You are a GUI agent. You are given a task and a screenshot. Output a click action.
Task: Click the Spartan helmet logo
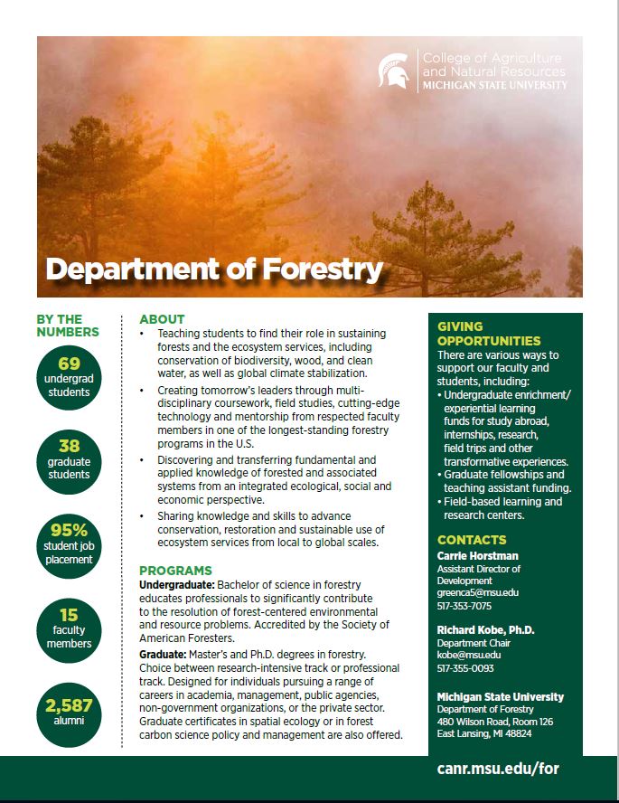pyautogui.click(x=393, y=71)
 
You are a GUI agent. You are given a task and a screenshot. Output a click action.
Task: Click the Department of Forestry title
pyautogui.click(x=214, y=269)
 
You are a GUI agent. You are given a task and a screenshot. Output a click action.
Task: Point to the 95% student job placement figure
pyautogui.click(x=70, y=530)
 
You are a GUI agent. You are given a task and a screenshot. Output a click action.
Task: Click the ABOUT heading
pyautogui.click(x=162, y=319)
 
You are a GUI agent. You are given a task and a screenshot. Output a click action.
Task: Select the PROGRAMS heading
pyautogui.click(x=175, y=571)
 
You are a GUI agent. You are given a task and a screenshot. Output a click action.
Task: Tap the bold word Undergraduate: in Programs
pyautogui.click(x=176, y=585)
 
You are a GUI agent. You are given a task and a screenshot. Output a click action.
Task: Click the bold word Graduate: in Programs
pyautogui.click(x=163, y=653)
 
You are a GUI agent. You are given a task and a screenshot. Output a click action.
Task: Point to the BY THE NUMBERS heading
pyautogui.click(x=67, y=326)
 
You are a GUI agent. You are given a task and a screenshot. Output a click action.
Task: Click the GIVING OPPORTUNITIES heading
pyautogui.click(x=489, y=334)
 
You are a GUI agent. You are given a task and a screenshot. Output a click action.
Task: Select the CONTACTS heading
pyautogui.click(x=471, y=540)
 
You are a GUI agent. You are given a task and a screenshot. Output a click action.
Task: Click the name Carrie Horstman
pyautogui.click(x=477, y=555)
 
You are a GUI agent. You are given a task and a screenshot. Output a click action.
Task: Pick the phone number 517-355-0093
pyautogui.click(x=464, y=667)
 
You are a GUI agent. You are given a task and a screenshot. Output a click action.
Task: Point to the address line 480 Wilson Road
pyautogui.click(x=494, y=722)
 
